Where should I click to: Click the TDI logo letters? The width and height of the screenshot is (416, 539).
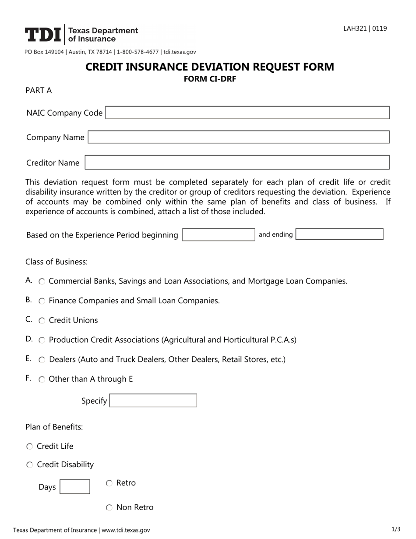pos(43,35)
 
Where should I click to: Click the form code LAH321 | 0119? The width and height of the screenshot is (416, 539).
pos(365,28)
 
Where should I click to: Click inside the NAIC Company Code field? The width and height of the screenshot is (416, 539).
pos(247,113)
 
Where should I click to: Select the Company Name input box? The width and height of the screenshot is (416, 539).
pos(238,137)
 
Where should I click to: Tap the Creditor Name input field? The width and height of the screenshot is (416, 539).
pos(237,163)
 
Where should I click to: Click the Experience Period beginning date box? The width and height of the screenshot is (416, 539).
pos(219,234)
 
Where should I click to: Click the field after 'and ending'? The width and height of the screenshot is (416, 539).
pos(339,234)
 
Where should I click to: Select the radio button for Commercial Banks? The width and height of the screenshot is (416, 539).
pos(42,281)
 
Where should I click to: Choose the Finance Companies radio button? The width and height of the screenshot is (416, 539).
pos(42,301)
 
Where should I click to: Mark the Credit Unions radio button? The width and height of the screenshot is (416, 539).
pos(42,321)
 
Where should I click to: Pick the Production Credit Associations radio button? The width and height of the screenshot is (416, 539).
pos(42,340)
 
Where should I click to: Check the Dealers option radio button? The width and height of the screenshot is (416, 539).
pos(42,360)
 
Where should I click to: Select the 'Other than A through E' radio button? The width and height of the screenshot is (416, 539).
pos(42,379)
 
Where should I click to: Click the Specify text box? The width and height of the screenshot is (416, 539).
pos(153,401)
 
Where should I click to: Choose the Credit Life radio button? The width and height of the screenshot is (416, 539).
pos(29,447)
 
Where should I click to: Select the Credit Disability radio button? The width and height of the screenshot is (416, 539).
pos(29,465)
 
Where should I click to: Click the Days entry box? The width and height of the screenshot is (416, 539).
pos(74,487)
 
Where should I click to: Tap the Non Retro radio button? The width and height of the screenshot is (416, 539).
pos(109,508)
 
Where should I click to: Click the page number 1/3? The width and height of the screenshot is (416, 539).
pos(395,529)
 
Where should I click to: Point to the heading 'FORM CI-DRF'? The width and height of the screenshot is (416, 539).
pos(209,79)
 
